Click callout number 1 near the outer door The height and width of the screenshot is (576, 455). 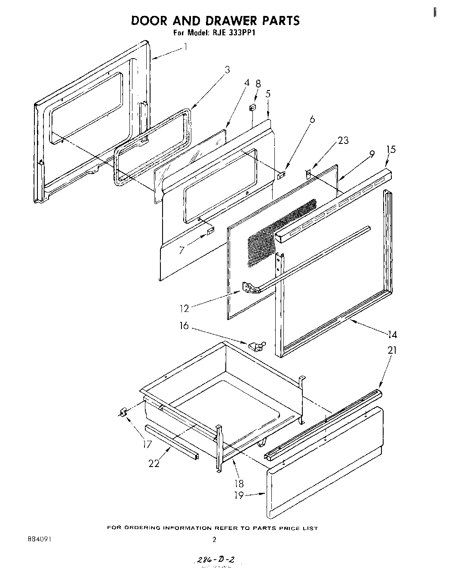tap(185, 46)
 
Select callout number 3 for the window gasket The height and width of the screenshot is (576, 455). tap(227, 70)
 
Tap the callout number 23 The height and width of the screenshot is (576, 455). tap(343, 140)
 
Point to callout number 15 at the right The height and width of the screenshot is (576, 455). tap(391, 149)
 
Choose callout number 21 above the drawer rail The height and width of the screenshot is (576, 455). tap(392, 350)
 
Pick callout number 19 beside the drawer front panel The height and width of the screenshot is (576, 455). tap(239, 495)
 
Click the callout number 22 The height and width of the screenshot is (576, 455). tap(154, 463)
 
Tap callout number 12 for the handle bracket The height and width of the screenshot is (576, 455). tap(184, 308)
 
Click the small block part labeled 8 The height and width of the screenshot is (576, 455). tap(253, 107)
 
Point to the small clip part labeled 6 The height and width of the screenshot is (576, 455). tap(281, 174)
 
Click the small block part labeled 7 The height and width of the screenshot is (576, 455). tap(210, 232)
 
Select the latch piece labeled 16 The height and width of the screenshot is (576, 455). tap(256, 345)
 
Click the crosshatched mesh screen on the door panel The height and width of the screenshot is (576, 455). tap(280, 228)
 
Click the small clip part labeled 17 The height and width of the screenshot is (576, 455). tap(123, 413)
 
